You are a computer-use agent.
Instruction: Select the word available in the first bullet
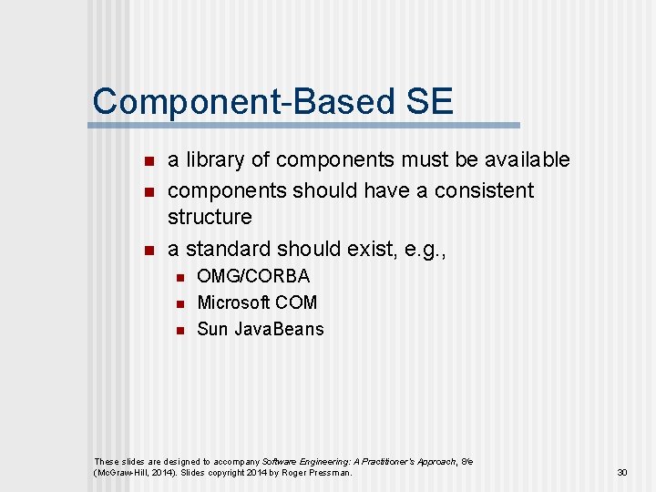tap(522, 160)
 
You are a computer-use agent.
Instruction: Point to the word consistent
tap(484, 190)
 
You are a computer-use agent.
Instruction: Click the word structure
tap(210, 217)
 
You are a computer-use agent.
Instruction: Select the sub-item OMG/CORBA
tap(253, 276)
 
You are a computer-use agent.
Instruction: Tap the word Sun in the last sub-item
tap(212, 329)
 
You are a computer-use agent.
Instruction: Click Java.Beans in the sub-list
tap(279, 329)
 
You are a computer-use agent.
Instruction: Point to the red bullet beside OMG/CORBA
tap(179, 277)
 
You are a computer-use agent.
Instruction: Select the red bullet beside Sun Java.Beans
tap(179, 330)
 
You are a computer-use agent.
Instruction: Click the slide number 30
tap(622, 473)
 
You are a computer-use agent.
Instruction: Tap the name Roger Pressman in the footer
tap(317, 473)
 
